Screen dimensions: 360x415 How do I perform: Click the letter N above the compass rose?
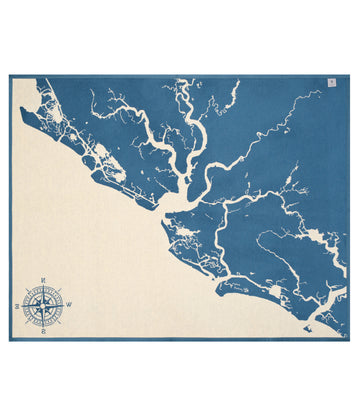tap(44, 277)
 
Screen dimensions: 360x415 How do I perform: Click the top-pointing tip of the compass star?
tap(44, 283)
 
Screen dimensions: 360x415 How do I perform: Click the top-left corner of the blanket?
tap(11, 76)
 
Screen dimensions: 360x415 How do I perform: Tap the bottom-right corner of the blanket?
tap(349, 340)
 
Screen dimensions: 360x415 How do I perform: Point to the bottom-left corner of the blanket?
tap(11, 340)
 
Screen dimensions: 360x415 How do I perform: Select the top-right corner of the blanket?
tap(349, 76)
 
